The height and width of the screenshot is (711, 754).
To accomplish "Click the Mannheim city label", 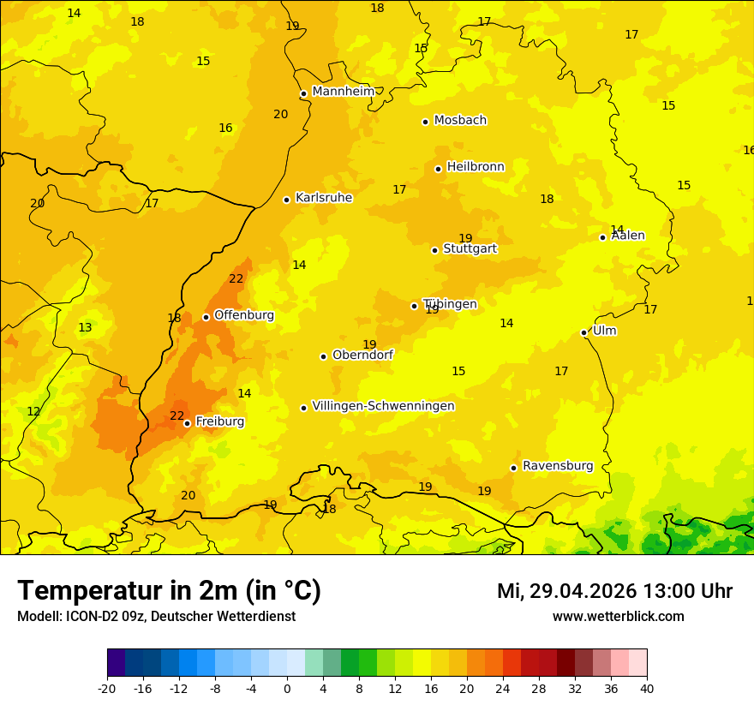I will click(x=343, y=92).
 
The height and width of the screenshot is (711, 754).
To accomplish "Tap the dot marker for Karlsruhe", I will click(x=286, y=200).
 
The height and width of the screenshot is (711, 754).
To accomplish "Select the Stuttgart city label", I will click(x=470, y=249).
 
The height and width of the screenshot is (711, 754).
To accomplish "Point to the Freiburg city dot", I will click(x=187, y=423).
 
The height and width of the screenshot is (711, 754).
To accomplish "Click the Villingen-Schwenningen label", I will click(x=383, y=406).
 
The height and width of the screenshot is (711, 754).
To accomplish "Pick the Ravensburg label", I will click(x=558, y=466).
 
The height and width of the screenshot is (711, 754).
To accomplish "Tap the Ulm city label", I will click(x=605, y=331).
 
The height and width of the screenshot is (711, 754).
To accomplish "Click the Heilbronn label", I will click(x=476, y=167).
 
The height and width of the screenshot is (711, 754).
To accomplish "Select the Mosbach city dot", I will click(x=425, y=122).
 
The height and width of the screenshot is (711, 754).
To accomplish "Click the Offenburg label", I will click(x=244, y=315).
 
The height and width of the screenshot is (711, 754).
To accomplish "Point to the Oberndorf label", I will click(x=363, y=355).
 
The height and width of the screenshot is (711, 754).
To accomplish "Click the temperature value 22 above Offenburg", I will click(x=236, y=279).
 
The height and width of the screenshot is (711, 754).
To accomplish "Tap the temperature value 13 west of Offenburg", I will click(x=85, y=328).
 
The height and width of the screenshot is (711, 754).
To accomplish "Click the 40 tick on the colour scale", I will click(x=647, y=688).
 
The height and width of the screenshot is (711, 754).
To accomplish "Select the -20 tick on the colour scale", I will click(x=107, y=688).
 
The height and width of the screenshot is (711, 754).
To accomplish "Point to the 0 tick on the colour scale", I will click(x=287, y=688).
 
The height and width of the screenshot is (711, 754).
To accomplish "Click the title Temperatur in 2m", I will click(x=169, y=591).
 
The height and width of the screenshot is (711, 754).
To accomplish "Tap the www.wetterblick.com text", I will click(x=618, y=617).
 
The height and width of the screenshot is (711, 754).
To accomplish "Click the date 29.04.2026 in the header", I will click(x=583, y=591).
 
